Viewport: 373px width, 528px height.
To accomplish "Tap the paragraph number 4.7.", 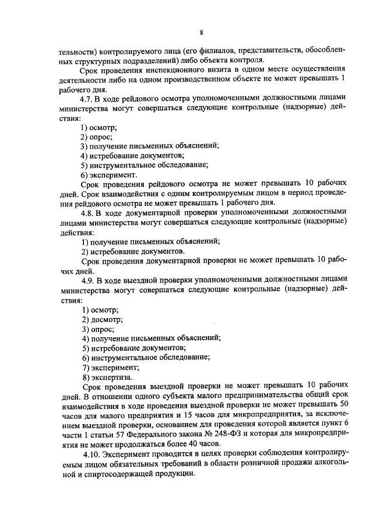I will (88, 98).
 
